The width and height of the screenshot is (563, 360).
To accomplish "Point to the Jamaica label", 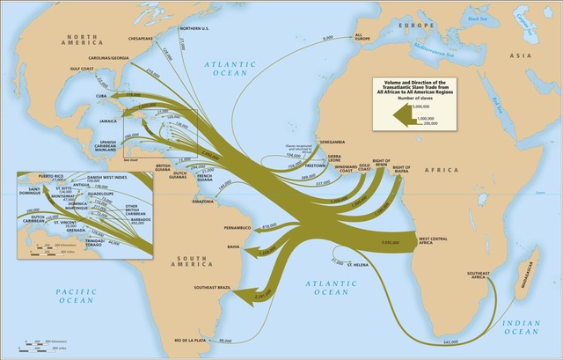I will (x=111, y=121).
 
